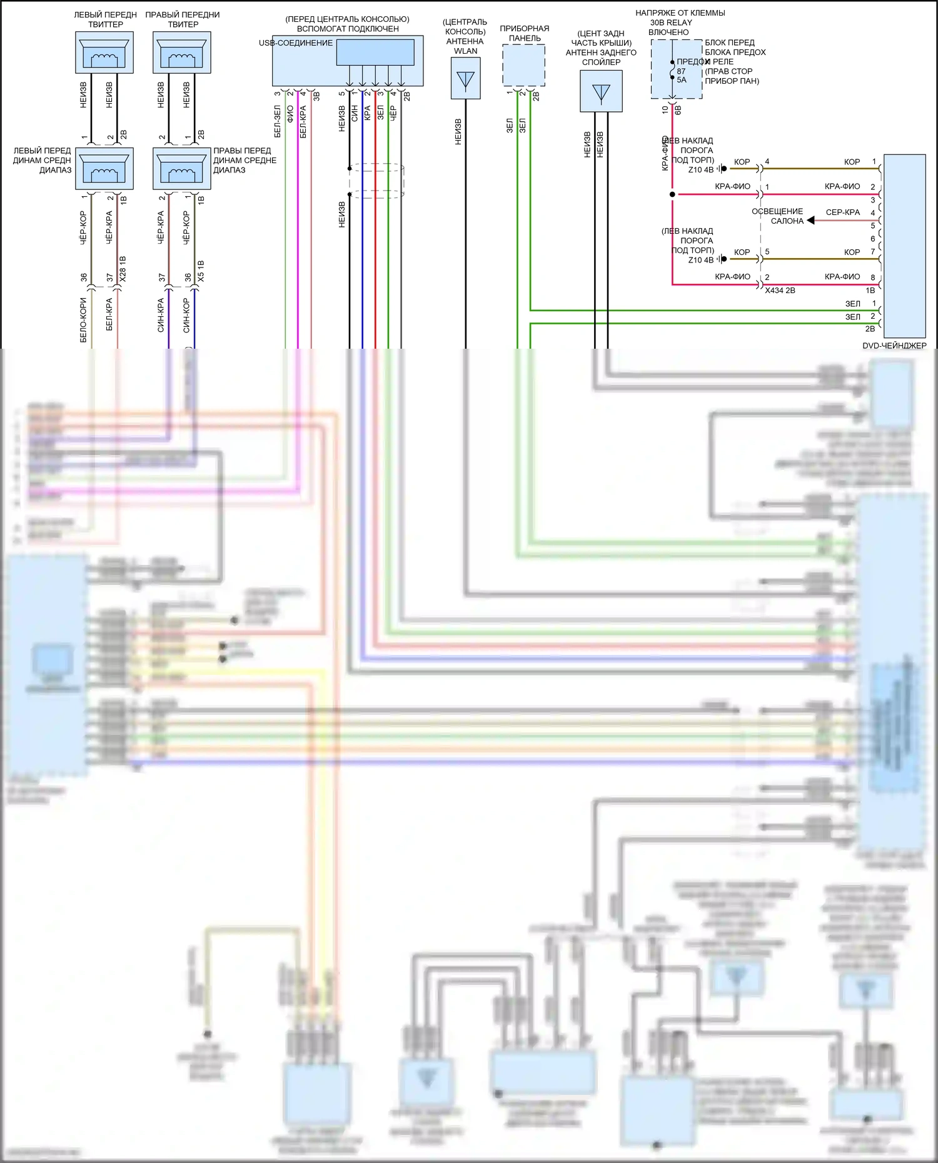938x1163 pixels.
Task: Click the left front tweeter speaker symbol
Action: coord(104,52)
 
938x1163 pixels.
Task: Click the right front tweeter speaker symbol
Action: coord(182,52)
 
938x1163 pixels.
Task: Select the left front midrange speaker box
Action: coord(104,169)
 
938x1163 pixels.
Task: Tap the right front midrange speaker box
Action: coord(182,169)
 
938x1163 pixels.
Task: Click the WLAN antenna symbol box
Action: coord(466,79)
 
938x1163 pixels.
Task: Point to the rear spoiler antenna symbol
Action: coord(601,91)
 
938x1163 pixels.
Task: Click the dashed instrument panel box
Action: coord(523,66)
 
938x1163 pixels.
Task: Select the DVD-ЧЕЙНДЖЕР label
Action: coord(894,346)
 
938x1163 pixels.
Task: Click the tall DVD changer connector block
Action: coord(904,246)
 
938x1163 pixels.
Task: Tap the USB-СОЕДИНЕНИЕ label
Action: coord(296,43)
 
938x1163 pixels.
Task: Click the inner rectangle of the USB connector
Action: coord(375,52)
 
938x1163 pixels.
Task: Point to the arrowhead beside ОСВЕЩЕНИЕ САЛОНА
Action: coord(810,220)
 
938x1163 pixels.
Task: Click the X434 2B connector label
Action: coord(780,291)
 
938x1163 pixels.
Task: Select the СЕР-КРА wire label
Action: coord(842,212)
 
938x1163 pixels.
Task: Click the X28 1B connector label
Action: coord(123,268)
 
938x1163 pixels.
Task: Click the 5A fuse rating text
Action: coord(682,80)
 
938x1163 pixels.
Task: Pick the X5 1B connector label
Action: coord(201,270)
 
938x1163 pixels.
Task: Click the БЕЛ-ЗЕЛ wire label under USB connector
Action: coord(278,121)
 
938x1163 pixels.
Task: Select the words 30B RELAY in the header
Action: coord(671,22)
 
